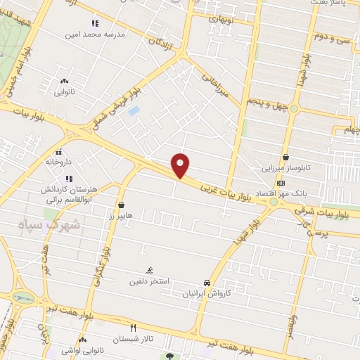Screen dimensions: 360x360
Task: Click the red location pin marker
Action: [x=181, y=166]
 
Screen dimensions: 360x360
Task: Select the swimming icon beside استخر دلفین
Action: [x=149, y=271]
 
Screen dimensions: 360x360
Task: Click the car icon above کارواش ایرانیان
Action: [x=206, y=281]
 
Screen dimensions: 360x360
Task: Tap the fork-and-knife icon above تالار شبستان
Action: [x=134, y=328]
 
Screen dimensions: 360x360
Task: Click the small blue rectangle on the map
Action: [x=134, y=111]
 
